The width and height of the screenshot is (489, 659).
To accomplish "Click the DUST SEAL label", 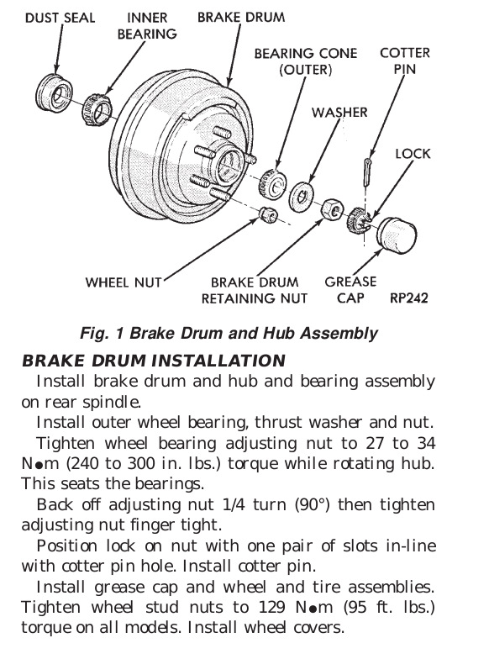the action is pos(60,18).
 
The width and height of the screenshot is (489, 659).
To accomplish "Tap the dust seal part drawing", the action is pos(54,92).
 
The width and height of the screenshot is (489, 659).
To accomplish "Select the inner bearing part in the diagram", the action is pos(97,110).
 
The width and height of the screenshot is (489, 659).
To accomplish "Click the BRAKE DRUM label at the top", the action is pos(241,17).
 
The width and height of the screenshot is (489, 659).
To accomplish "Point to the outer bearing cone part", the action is pos(272,184).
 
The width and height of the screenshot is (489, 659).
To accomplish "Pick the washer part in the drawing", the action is pos(301,197).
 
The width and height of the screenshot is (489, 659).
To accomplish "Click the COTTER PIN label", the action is pos(405,61).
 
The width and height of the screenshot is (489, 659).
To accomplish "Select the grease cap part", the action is pos(397,235).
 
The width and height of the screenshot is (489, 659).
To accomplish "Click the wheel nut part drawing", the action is pos(267,214).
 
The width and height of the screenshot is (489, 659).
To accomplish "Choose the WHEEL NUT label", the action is pos(124,282).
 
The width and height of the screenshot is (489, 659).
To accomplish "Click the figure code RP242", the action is pos(408,298).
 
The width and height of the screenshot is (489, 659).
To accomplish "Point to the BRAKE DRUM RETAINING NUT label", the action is pos(255,290).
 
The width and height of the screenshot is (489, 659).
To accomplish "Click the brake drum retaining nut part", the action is pos(333,208).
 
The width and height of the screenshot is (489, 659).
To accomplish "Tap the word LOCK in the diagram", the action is pos(413,154).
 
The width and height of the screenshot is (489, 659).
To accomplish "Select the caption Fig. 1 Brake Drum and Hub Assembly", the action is pos(229,333).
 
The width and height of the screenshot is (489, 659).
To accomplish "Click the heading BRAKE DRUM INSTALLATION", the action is pos(154,361).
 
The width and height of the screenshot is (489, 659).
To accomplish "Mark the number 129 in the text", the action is pos(271,607).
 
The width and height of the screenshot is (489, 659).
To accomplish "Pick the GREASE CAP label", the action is pos(350,289).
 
